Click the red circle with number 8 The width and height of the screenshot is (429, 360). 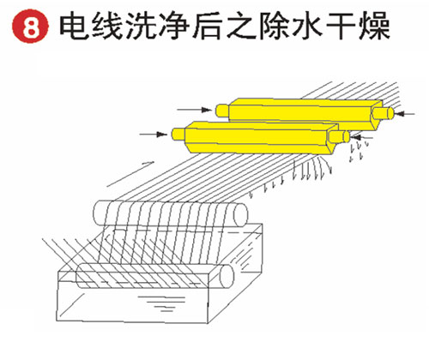(30, 26)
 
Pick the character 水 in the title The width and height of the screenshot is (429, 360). (308, 26)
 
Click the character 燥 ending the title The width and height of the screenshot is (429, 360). (374, 26)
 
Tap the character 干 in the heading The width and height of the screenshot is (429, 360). (341, 26)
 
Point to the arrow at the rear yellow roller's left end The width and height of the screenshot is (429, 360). (195, 110)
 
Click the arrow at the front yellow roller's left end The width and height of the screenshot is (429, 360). (154, 134)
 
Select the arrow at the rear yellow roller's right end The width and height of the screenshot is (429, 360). (405, 114)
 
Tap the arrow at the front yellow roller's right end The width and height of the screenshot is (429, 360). (362, 137)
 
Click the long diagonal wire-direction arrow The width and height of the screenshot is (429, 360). (130, 174)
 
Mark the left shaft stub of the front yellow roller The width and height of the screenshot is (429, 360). (178, 135)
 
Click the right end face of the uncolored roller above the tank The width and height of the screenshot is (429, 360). (240, 214)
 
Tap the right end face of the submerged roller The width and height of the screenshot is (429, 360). (227, 276)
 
